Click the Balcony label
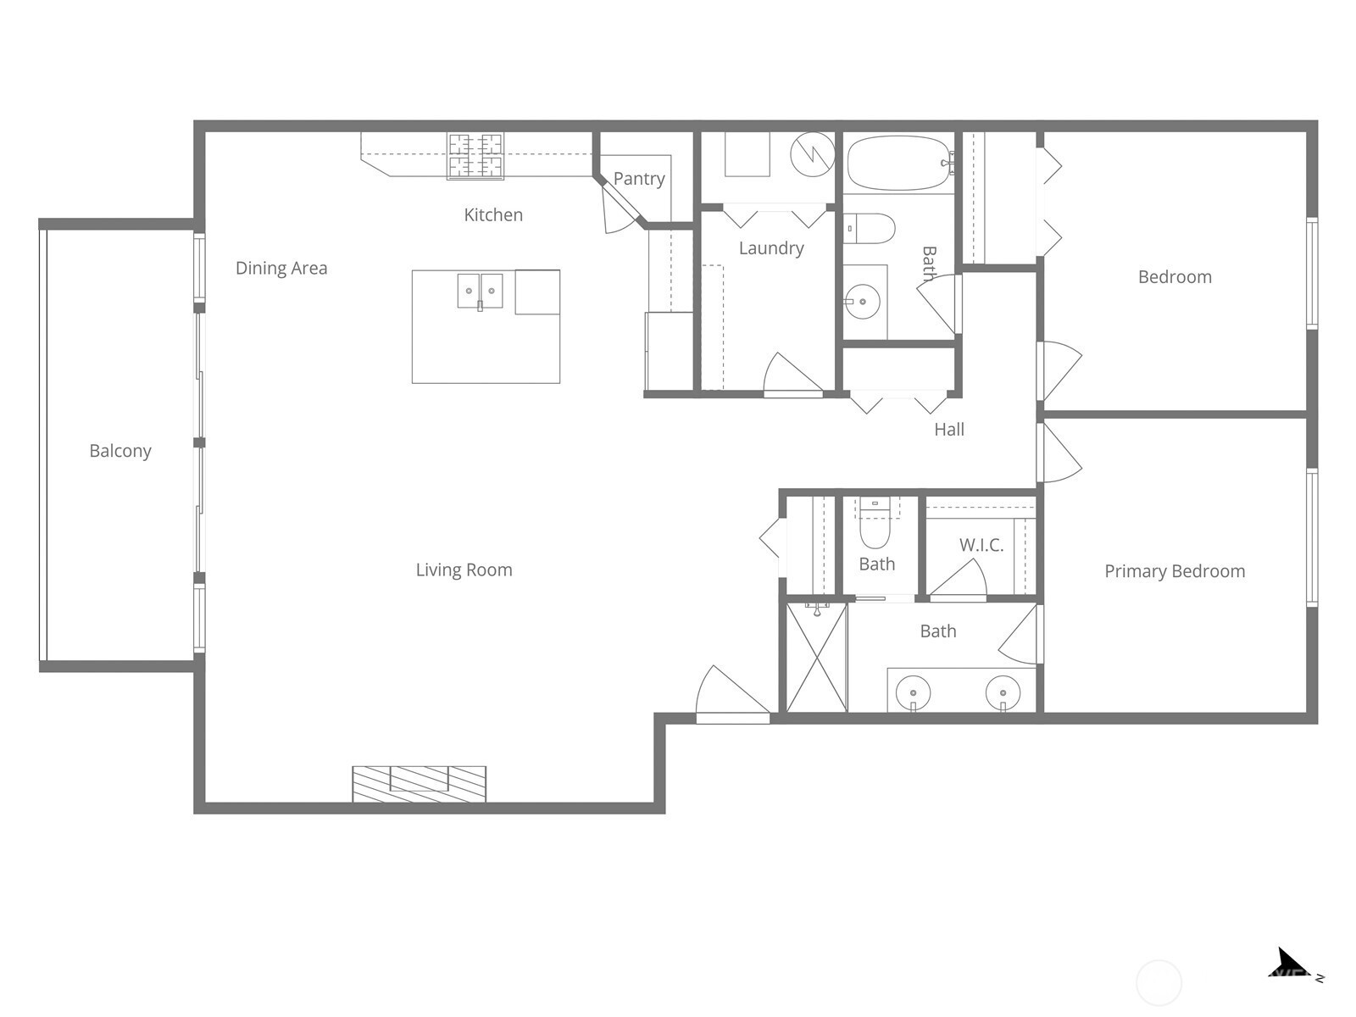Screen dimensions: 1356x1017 pyautogui.click(x=120, y=452)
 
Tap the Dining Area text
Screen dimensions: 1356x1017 pyautogui.click(x=281, y=268)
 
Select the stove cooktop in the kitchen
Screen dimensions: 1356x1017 pyautogui.click(x=475, y=156)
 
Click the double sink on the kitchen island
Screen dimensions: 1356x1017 pyautogui.click(x=480, y=292)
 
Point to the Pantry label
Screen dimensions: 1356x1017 pyautogui.click(x=639, y=179)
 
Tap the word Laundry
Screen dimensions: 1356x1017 pyautogui.click(x=771, y=248)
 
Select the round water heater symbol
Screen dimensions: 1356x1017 pyautogui.click(x=813, y=154)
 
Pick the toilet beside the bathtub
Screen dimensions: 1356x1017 pyautogui.click(x=870, y=229)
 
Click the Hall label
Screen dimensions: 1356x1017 pyautogui.click(x=949, y=430)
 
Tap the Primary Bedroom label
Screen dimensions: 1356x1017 pyautogui.click(x=1175, y=572)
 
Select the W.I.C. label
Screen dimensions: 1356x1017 pyautogui.click(x=981, y=545)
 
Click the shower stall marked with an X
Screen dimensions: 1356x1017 pyautogui.click(x=816, y=657)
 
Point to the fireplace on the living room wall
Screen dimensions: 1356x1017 pyautogui.click(x=419, y=784)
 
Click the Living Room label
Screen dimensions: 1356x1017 pyautogui.click(x=464, y=570)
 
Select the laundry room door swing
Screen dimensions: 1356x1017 pyautogui.click(x=792, y=375)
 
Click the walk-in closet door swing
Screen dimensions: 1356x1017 pyautogui.click(x=958, y=580)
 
